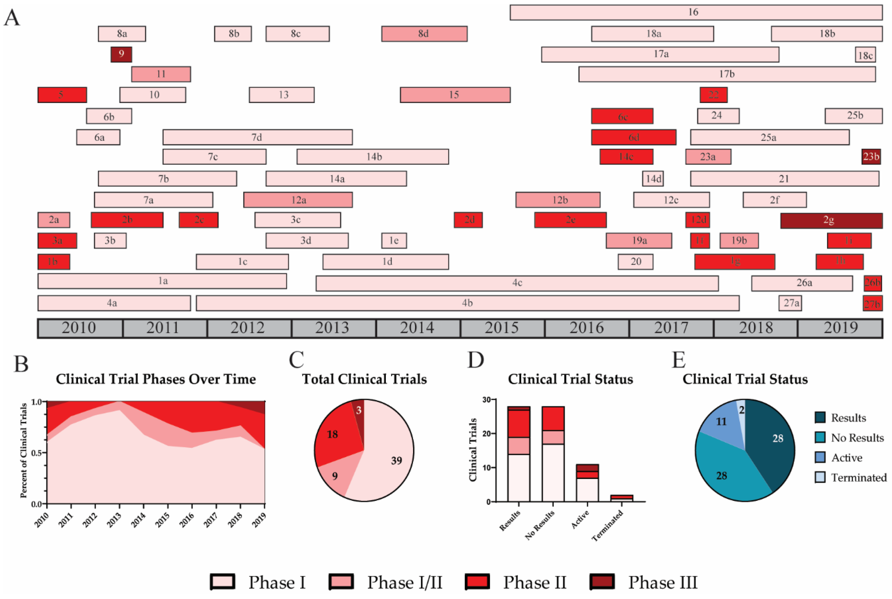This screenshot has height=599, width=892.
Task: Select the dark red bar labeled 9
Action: pos(121,54)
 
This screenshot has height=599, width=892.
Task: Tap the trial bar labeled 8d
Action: pos(424,34)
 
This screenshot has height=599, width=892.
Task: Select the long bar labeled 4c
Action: pos(517,283)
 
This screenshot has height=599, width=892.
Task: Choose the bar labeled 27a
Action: pos(790,303)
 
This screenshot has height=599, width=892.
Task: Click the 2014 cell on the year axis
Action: pos(417,328)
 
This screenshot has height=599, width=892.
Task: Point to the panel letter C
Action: pos(296,360)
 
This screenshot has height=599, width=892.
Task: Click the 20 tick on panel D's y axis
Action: pos(495,434)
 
